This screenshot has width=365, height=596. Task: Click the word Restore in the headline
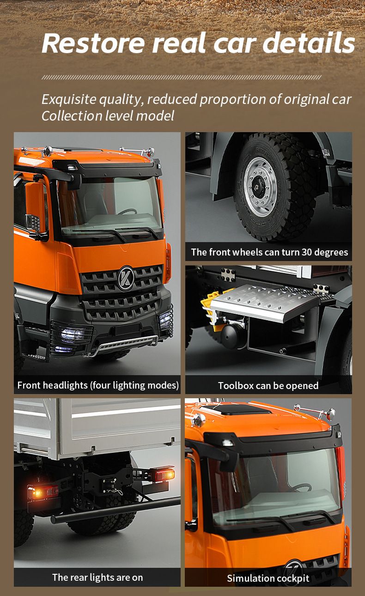tap(93, 43)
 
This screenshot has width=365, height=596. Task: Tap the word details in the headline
tap(309, 43)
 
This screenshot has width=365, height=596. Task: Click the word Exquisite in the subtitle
tap(69, 99)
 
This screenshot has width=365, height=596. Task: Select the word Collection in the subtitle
tap(72, 116)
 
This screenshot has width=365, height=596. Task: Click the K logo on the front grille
tap(126, 278)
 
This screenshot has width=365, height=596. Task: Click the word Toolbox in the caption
tap(236, 385)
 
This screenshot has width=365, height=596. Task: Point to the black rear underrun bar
tap(115, 511)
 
